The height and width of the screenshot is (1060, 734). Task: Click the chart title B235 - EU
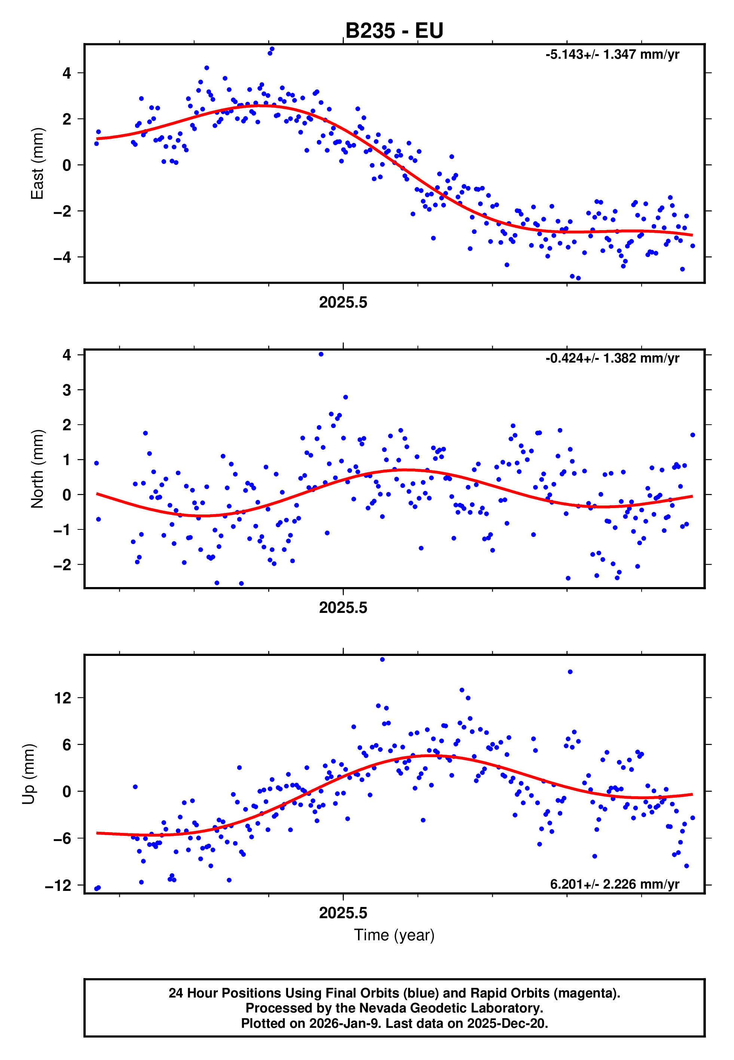[394, 31]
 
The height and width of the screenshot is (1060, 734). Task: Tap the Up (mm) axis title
[28, 774]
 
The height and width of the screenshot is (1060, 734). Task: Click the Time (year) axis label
[394, 935]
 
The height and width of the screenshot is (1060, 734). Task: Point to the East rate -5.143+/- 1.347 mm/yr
[612, 55]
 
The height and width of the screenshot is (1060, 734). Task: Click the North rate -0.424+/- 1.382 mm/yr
[612, 358]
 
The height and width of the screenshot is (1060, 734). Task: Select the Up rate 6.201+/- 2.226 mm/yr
[614, 884]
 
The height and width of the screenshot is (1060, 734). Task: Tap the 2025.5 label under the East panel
[343, 303]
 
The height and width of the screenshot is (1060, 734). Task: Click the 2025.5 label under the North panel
[343, 608]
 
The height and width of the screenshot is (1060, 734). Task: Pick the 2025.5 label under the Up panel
[343, 913]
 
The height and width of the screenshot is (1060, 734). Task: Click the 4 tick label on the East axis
[67, 73]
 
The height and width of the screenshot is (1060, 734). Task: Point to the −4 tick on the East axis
[62, 257]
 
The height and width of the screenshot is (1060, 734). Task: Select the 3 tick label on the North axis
[67, 390]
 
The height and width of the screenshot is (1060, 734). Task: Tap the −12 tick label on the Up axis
[58, 886]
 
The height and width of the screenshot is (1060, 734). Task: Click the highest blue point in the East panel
[272, 49]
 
